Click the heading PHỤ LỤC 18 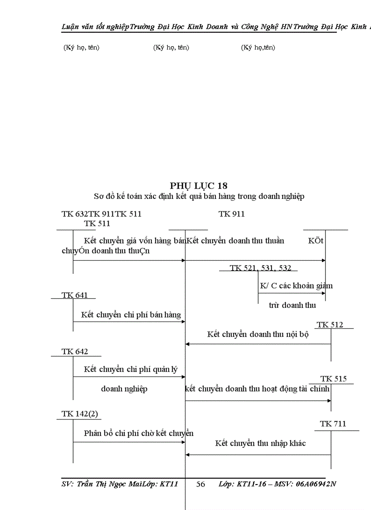[x=199, y=185]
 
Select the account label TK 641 [x=75, y=295]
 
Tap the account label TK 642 [x=75, y=352]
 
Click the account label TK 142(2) [x=80, y=414]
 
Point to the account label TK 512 [x=330, y=325]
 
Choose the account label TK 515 [x=333, y=379]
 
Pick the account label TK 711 [x=333, y=424]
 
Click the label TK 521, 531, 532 [x=261, y=268]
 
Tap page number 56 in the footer [x=201, y=484]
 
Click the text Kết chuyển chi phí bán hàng [x=131, y=315]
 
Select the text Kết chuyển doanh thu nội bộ [x=258, y=334]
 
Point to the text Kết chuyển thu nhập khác [x=260, y=443]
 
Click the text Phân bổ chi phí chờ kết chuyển [x=139, y=433]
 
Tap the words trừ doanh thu [x=292, y=305]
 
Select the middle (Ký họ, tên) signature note [x=171, y=47]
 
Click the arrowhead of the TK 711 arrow [x=187, y=455]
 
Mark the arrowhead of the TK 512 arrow [x=187, y=344]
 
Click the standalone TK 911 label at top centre [x=231, y=214]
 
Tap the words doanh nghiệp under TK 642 [x=124, y=389]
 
